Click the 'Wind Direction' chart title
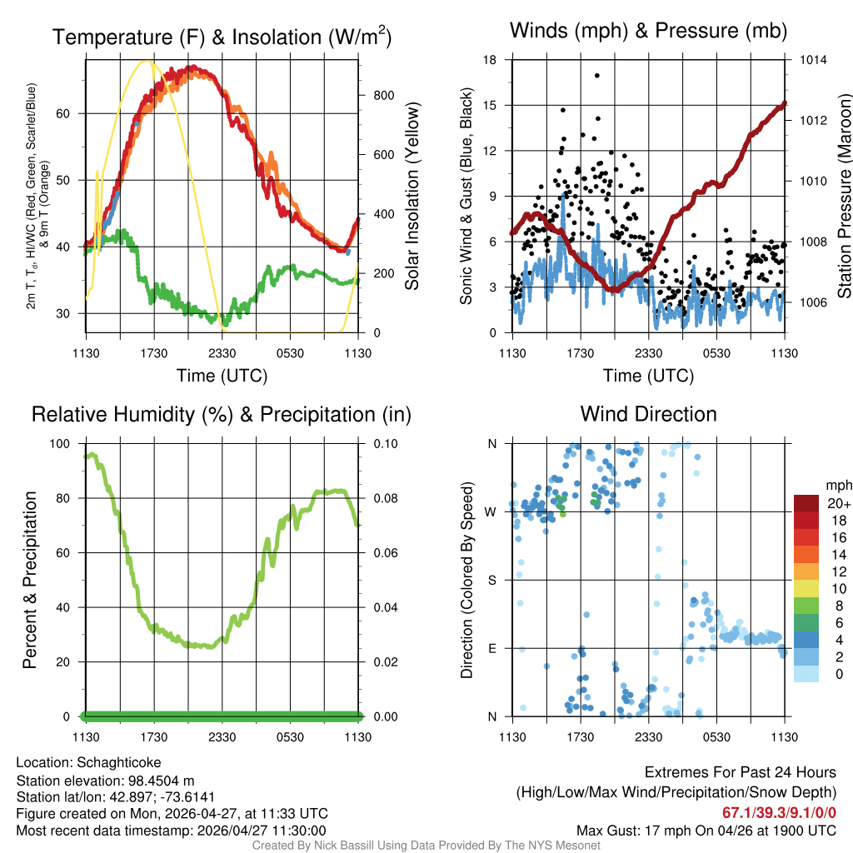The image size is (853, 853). [648, 414]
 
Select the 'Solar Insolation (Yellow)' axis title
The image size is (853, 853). [412, 197]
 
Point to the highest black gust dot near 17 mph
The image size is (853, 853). [597, 75]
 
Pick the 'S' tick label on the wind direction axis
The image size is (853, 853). [492, 580]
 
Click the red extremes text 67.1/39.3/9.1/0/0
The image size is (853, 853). [779, 813]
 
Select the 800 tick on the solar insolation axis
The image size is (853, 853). [384, 95]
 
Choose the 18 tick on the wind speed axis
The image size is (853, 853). [491, 60]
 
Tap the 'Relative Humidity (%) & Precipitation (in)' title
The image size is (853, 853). [221, 414]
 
